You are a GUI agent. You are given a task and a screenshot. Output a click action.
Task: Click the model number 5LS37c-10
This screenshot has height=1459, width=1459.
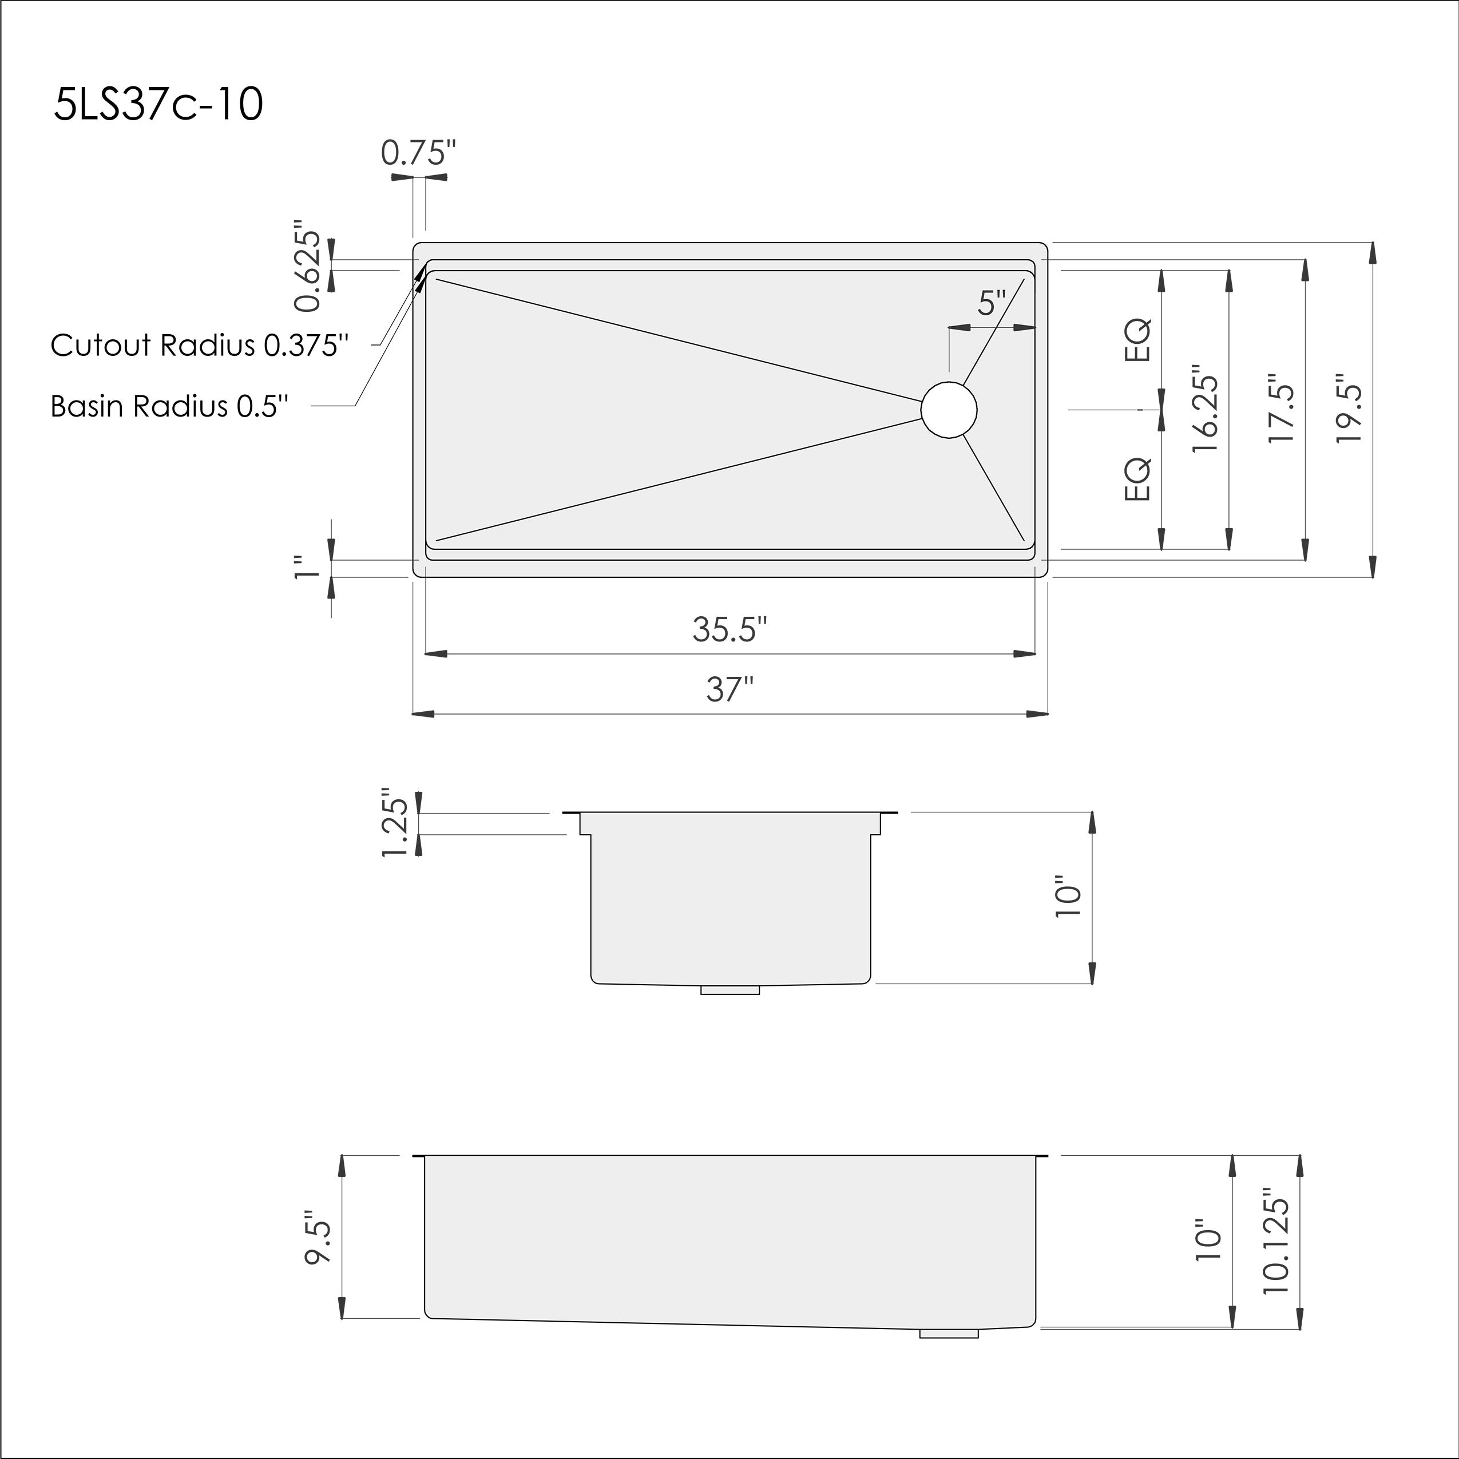[158, 104]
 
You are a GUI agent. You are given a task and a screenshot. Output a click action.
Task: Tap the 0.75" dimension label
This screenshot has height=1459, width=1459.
[418, 153]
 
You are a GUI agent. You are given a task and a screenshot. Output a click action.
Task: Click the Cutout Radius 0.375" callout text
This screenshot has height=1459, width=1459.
[200, 345]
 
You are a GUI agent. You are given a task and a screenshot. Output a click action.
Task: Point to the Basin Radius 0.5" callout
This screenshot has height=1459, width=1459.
[170, 406]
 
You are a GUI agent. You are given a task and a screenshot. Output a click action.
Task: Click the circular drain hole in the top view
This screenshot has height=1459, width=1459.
[949, 409]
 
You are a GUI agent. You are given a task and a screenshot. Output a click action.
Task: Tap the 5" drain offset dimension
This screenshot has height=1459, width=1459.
[992, 304]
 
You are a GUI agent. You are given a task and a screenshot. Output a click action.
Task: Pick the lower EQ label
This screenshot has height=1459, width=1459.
[1138, 479]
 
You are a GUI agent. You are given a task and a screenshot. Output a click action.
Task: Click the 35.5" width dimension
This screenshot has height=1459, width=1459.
[729, 628]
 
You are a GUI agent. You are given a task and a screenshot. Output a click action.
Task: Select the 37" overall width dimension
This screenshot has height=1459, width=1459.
[729, 689]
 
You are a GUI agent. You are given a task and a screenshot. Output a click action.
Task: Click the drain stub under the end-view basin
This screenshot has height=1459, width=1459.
[729, 989]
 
